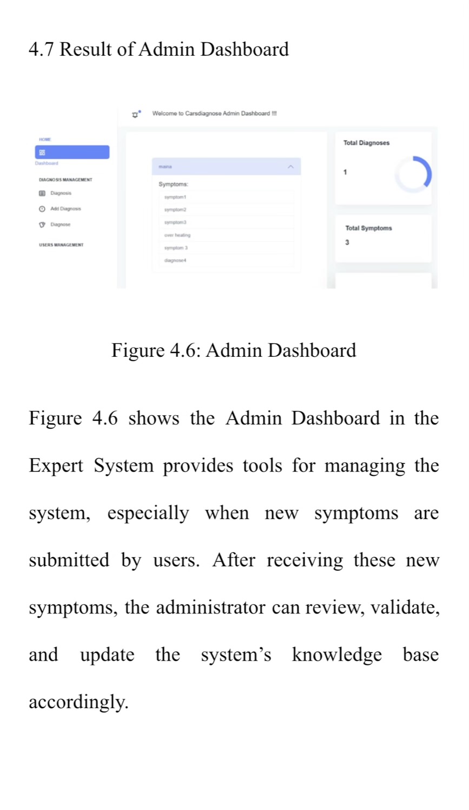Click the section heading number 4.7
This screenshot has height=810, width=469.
[41, 49]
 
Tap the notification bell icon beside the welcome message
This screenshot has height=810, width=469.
[135, 114]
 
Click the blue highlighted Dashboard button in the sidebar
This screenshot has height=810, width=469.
[72, 152]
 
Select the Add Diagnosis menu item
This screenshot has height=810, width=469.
[65, 208]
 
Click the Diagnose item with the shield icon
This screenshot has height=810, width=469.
[60, 224]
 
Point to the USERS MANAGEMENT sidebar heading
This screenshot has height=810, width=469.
[61, 245]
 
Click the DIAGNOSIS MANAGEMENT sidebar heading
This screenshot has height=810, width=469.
[65, 179]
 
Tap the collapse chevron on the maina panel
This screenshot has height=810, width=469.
[290, 167]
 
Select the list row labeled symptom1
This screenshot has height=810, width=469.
[175, 197]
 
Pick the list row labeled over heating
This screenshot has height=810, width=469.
[177, 235]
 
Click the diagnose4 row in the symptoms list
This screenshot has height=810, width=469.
[175, 260]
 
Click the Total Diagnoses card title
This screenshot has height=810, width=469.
[366, 143]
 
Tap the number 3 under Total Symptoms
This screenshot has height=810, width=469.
[347, 243]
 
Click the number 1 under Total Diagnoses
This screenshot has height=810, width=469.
[345, 172]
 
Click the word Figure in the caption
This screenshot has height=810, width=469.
[138, 350]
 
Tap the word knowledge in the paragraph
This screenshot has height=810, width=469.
[336, 654]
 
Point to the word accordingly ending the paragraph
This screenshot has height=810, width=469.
[78, 702]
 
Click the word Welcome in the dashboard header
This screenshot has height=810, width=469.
[164, 114]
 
